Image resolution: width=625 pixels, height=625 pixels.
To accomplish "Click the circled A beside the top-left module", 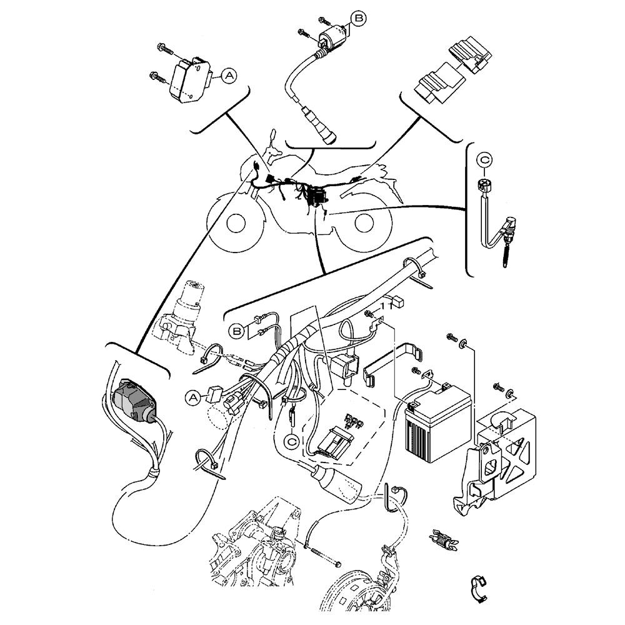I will pyautogui.click(x=230, y=76).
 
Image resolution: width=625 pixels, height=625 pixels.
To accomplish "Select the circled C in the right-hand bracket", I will pyautogui.click(x=486, y=160).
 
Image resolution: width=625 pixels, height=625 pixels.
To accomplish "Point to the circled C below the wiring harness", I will pyautogui.click(x=291, y=441).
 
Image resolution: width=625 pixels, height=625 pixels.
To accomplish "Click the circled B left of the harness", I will pyautogui.click(x=237, y=330).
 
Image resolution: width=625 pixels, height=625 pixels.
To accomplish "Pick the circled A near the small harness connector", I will pyautogui.click(x=194, y=396).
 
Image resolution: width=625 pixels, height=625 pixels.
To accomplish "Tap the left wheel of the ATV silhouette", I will pyautogui.click(x=236, y=222).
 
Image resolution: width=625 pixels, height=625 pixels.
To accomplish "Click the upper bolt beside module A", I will pyautogui.click(x=165, y=47).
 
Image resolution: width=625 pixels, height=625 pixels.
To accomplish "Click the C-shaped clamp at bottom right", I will pyautogui.click(x=479, y=587).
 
